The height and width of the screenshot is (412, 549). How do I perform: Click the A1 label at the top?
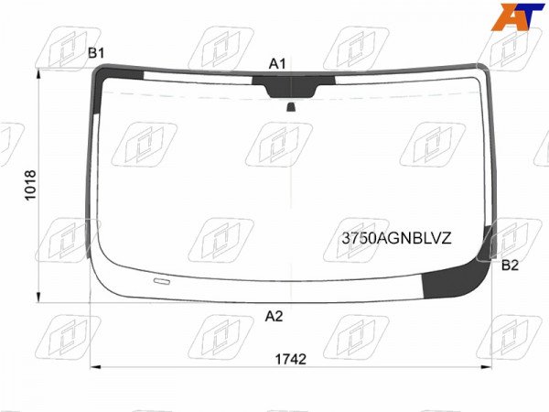click(x=277, y=64)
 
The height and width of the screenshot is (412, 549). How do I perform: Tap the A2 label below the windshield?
click(x=274, y=317)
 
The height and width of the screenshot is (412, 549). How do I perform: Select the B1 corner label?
click(x=96, y=53)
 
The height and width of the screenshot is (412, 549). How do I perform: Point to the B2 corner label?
click(x=510, y=266)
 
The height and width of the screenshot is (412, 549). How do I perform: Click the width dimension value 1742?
click(x=291, y=359)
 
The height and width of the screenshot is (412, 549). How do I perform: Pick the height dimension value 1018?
click(x=31, y=185)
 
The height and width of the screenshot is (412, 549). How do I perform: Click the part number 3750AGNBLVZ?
click(x=397, y=239)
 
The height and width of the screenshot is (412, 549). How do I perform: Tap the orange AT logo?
click(x=518, y=16)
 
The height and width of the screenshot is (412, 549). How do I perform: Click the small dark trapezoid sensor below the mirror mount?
click(x=291, y=107)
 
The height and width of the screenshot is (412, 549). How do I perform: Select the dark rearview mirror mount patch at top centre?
click(x=293, y=87)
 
